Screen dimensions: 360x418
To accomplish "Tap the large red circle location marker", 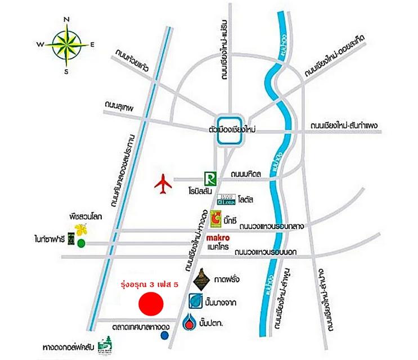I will click(x=151, y=304).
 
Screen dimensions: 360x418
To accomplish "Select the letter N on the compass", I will click(x=66, y=20).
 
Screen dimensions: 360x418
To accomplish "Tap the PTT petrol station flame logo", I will click(x=190, y=324).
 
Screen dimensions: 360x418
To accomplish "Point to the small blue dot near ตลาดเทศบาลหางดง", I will click(x=164, y=335).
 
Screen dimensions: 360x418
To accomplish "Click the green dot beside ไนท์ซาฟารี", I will click(x=82, y=243).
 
